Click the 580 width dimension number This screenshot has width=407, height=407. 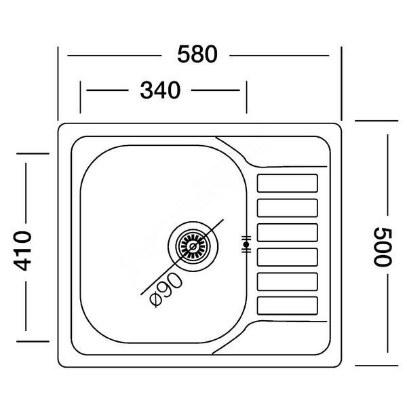tap(197, 54)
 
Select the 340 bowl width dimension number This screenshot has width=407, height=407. tap(160, 90)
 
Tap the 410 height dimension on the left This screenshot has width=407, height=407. tap(23, 250)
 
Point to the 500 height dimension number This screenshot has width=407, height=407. tap(382, 247)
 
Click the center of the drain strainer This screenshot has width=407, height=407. tap(193, 246)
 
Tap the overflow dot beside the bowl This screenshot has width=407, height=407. tap(246, 244)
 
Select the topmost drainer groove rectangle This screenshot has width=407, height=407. tap(288, 183)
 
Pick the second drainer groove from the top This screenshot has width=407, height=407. tap(288, 208)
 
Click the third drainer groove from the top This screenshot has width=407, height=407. tap(288, 233)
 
